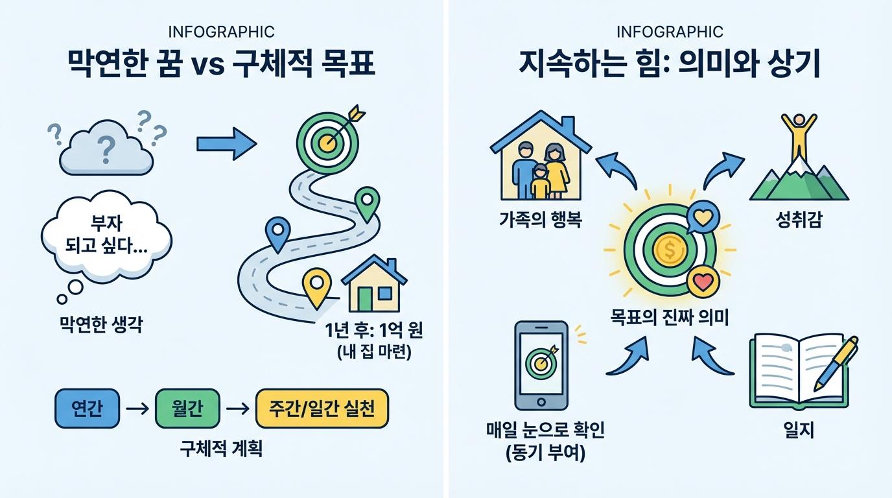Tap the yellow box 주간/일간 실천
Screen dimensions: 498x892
[322, 410]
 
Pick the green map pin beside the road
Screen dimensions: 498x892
[368, 202]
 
